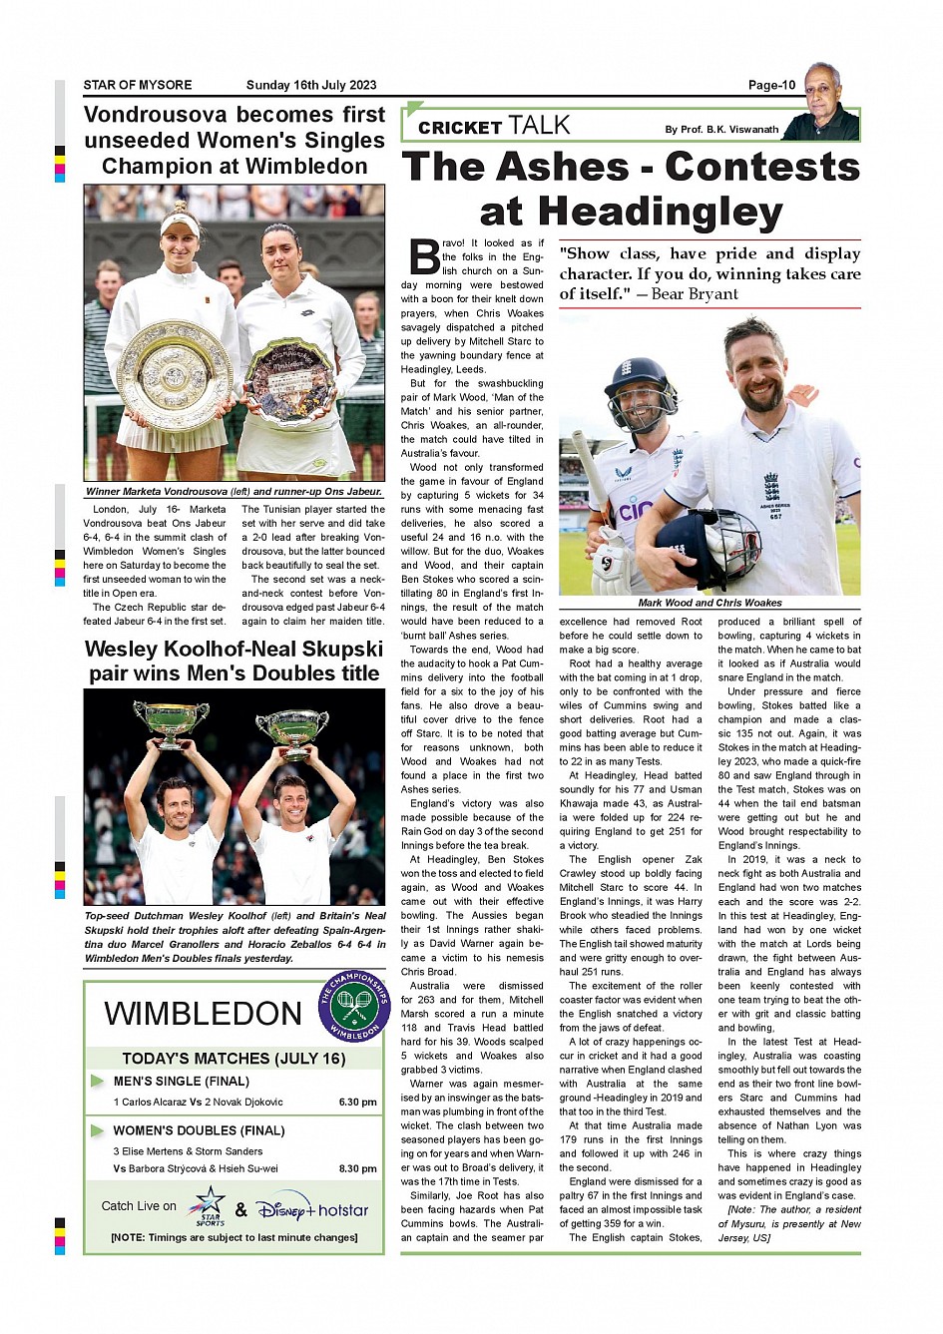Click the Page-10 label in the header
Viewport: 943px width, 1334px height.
(771, 85)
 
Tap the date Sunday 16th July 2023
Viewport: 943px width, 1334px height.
(311, 85)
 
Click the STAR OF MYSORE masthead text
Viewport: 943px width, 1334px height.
(138, 85)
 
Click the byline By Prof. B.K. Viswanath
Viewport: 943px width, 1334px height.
(721, 129)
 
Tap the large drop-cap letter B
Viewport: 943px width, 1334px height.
(424, 257)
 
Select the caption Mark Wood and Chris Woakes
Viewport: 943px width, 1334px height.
(709, 603)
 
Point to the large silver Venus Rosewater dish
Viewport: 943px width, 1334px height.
(174, 374)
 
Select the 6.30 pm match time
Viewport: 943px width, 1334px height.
(357, 1103)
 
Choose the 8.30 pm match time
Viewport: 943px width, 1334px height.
(357, 1168)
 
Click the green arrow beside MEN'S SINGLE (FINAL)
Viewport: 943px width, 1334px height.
(97, 1081)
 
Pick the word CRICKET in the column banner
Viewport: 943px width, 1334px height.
(459, 128)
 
